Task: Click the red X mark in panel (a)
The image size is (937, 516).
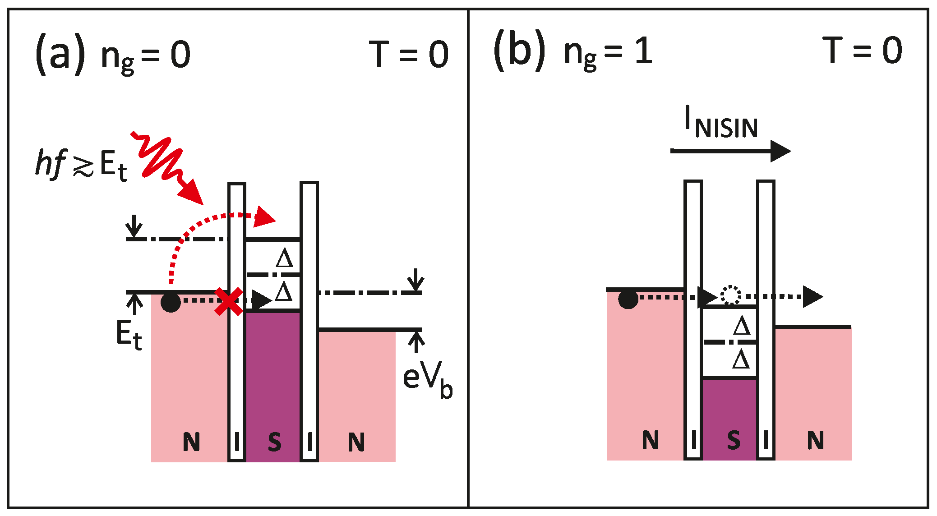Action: pos(229,301)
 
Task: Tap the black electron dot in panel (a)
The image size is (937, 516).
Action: pos(171,302)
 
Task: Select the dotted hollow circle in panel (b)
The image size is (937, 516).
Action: pos(730,295)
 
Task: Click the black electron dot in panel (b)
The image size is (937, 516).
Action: pos(628,299)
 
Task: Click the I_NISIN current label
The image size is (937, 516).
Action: pos(720,123)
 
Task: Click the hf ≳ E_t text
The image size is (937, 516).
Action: pos(81,165)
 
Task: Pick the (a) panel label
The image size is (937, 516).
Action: pos(60,54)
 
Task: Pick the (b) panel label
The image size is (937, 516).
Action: pos(519,51)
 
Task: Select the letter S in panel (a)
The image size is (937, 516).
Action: pos(274,442)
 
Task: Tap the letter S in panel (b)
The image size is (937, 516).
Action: pos(734,440)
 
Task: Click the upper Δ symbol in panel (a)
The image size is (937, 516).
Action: pos(285,259)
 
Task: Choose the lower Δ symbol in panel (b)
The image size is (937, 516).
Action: pos(741,360)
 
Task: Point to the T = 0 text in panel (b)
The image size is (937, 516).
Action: pos(862,51)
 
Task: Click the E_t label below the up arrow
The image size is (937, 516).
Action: pos(129,335)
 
